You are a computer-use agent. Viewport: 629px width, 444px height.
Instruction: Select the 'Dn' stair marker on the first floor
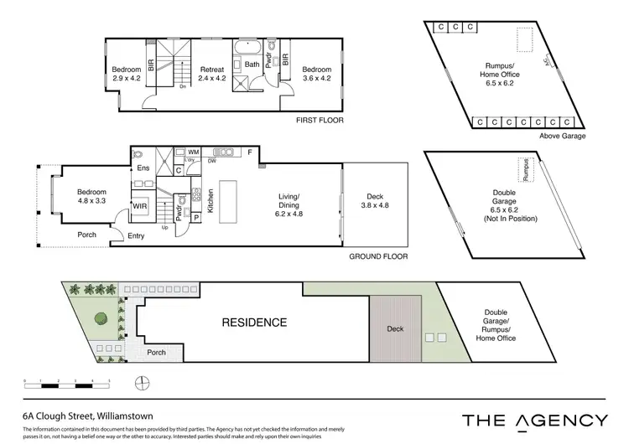[x=183, y=86]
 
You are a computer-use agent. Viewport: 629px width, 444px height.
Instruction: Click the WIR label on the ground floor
[x=140, y=204]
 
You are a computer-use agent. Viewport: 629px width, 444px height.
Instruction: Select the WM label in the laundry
[x=193, y=152]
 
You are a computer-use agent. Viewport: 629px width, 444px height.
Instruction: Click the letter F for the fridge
[x=249, y=152]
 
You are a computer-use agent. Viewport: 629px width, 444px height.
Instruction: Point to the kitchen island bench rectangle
[x=240, y=197]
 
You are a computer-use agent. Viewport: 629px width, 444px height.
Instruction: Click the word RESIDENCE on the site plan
[x=254, y=322]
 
